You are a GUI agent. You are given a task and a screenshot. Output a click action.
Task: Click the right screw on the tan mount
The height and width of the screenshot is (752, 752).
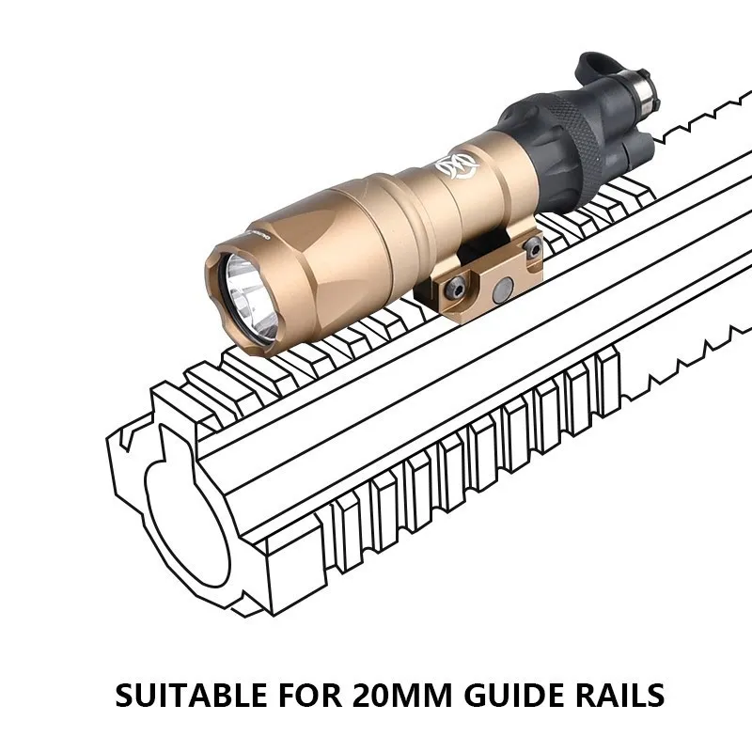click(x=532, y=247)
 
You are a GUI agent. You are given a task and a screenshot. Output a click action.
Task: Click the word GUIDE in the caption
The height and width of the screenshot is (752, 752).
click(x=508, y=697)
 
